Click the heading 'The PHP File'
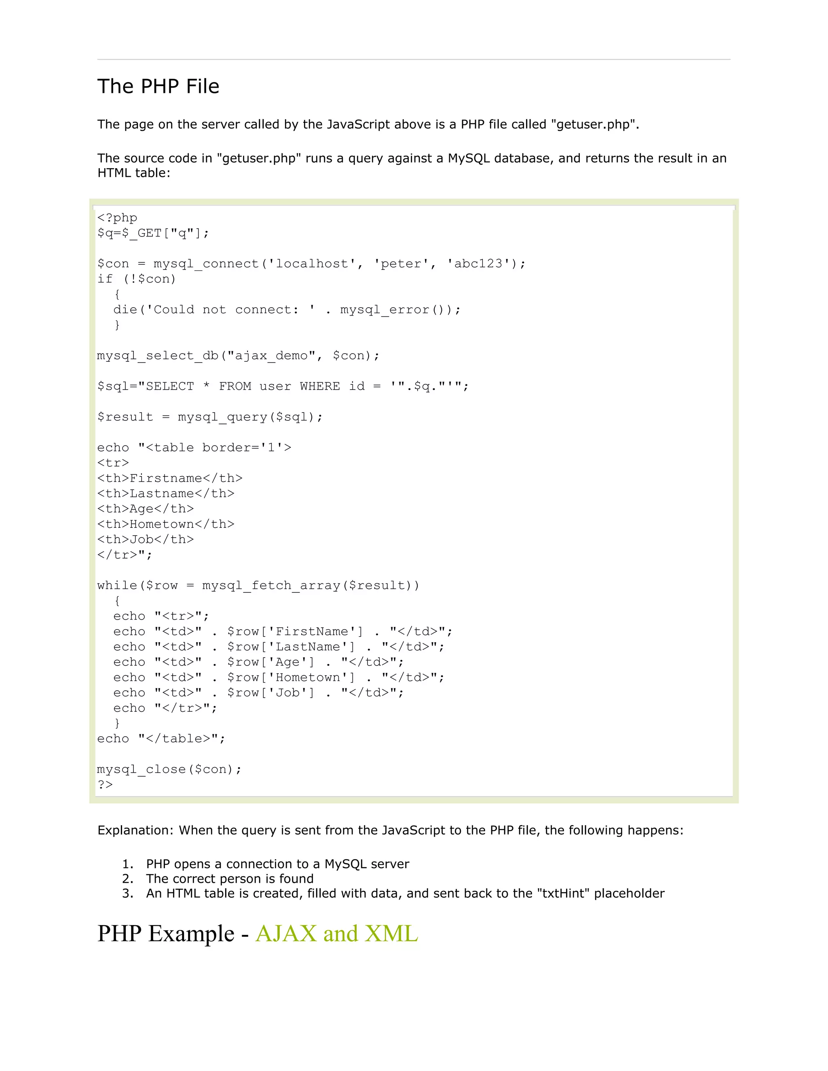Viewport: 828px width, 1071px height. click(158, 86)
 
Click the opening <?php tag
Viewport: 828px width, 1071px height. click(117, 218)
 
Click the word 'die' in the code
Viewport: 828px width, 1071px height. click(125, 310)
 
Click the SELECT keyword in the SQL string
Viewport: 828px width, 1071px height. click(170, 386)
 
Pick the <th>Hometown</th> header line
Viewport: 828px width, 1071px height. click(166, 524)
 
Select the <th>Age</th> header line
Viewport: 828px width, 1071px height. click(145, 509)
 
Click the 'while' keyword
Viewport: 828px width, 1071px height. click(117, 586)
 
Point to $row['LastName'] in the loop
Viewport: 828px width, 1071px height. click(291, 647)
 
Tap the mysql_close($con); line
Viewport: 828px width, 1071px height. click(169, 770)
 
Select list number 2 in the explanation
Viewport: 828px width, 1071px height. click(127, 879)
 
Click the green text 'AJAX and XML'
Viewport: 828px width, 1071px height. click(336, 934)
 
